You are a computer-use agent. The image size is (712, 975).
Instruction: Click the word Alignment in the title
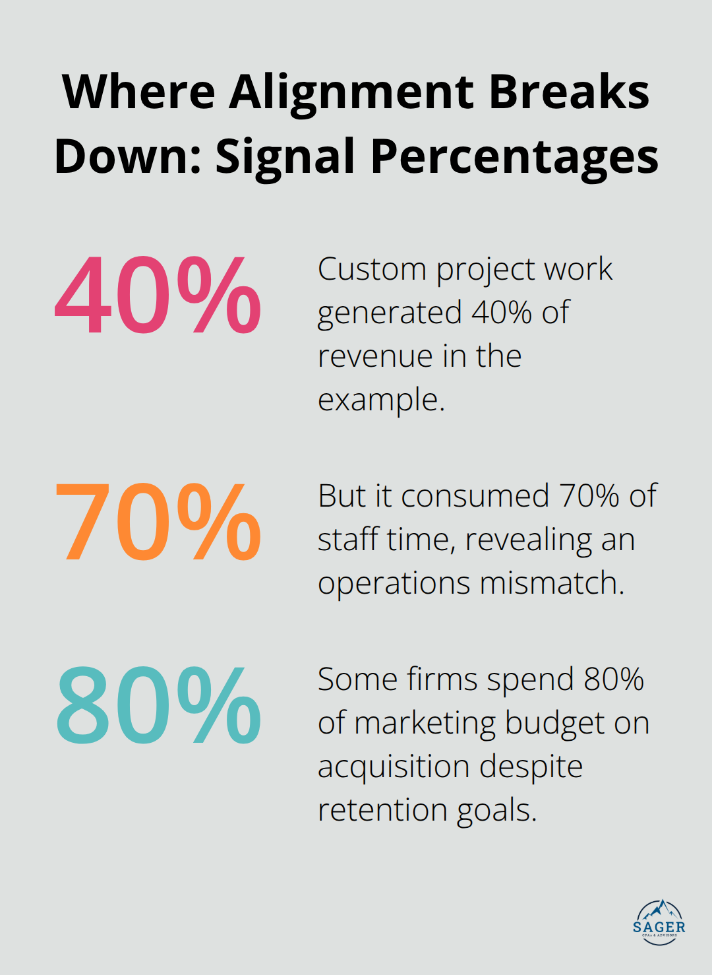(x=351, y=92)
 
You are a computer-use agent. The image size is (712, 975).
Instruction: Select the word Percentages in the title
(x=514, y=157)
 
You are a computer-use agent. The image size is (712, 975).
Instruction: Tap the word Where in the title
(x=139, y=92)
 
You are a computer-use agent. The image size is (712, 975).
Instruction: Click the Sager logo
(x=659, y=922)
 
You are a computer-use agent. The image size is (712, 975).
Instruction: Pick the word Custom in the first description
(x=372, y=269)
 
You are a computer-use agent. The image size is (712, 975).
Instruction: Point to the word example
(x=380, y=400)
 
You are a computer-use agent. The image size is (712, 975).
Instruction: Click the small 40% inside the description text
(x=502, y=313)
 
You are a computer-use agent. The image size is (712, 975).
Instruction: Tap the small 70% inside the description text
(x=589, y=496)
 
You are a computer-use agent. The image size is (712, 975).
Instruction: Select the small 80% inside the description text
(x=614, y=679)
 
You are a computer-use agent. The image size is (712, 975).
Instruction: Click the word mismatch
(x=552, y=583)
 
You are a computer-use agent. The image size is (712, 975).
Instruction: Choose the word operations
(x=394, y=583)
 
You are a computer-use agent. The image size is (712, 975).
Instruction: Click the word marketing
(x=425, y=723)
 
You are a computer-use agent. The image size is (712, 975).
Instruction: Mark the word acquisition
(x=394, y=767)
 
